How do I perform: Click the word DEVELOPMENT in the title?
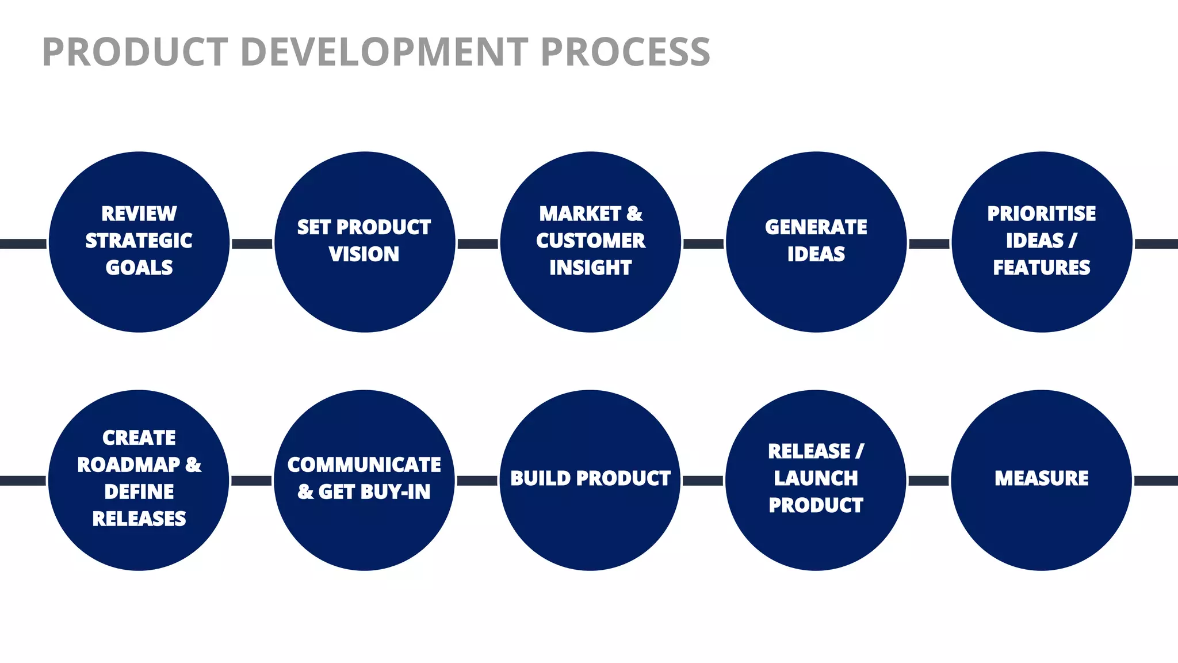click(384, 52)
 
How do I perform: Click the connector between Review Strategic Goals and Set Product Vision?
click(252, 243)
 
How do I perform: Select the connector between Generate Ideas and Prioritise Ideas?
click(929, 243)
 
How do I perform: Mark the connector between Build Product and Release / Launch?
click(703, 480)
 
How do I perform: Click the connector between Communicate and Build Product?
click(477, 480)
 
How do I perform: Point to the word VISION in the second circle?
click(364, 254)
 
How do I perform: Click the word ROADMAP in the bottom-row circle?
click(129, 465)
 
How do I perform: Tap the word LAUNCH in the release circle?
click(816, 478)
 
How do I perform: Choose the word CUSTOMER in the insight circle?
click(591, 241)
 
